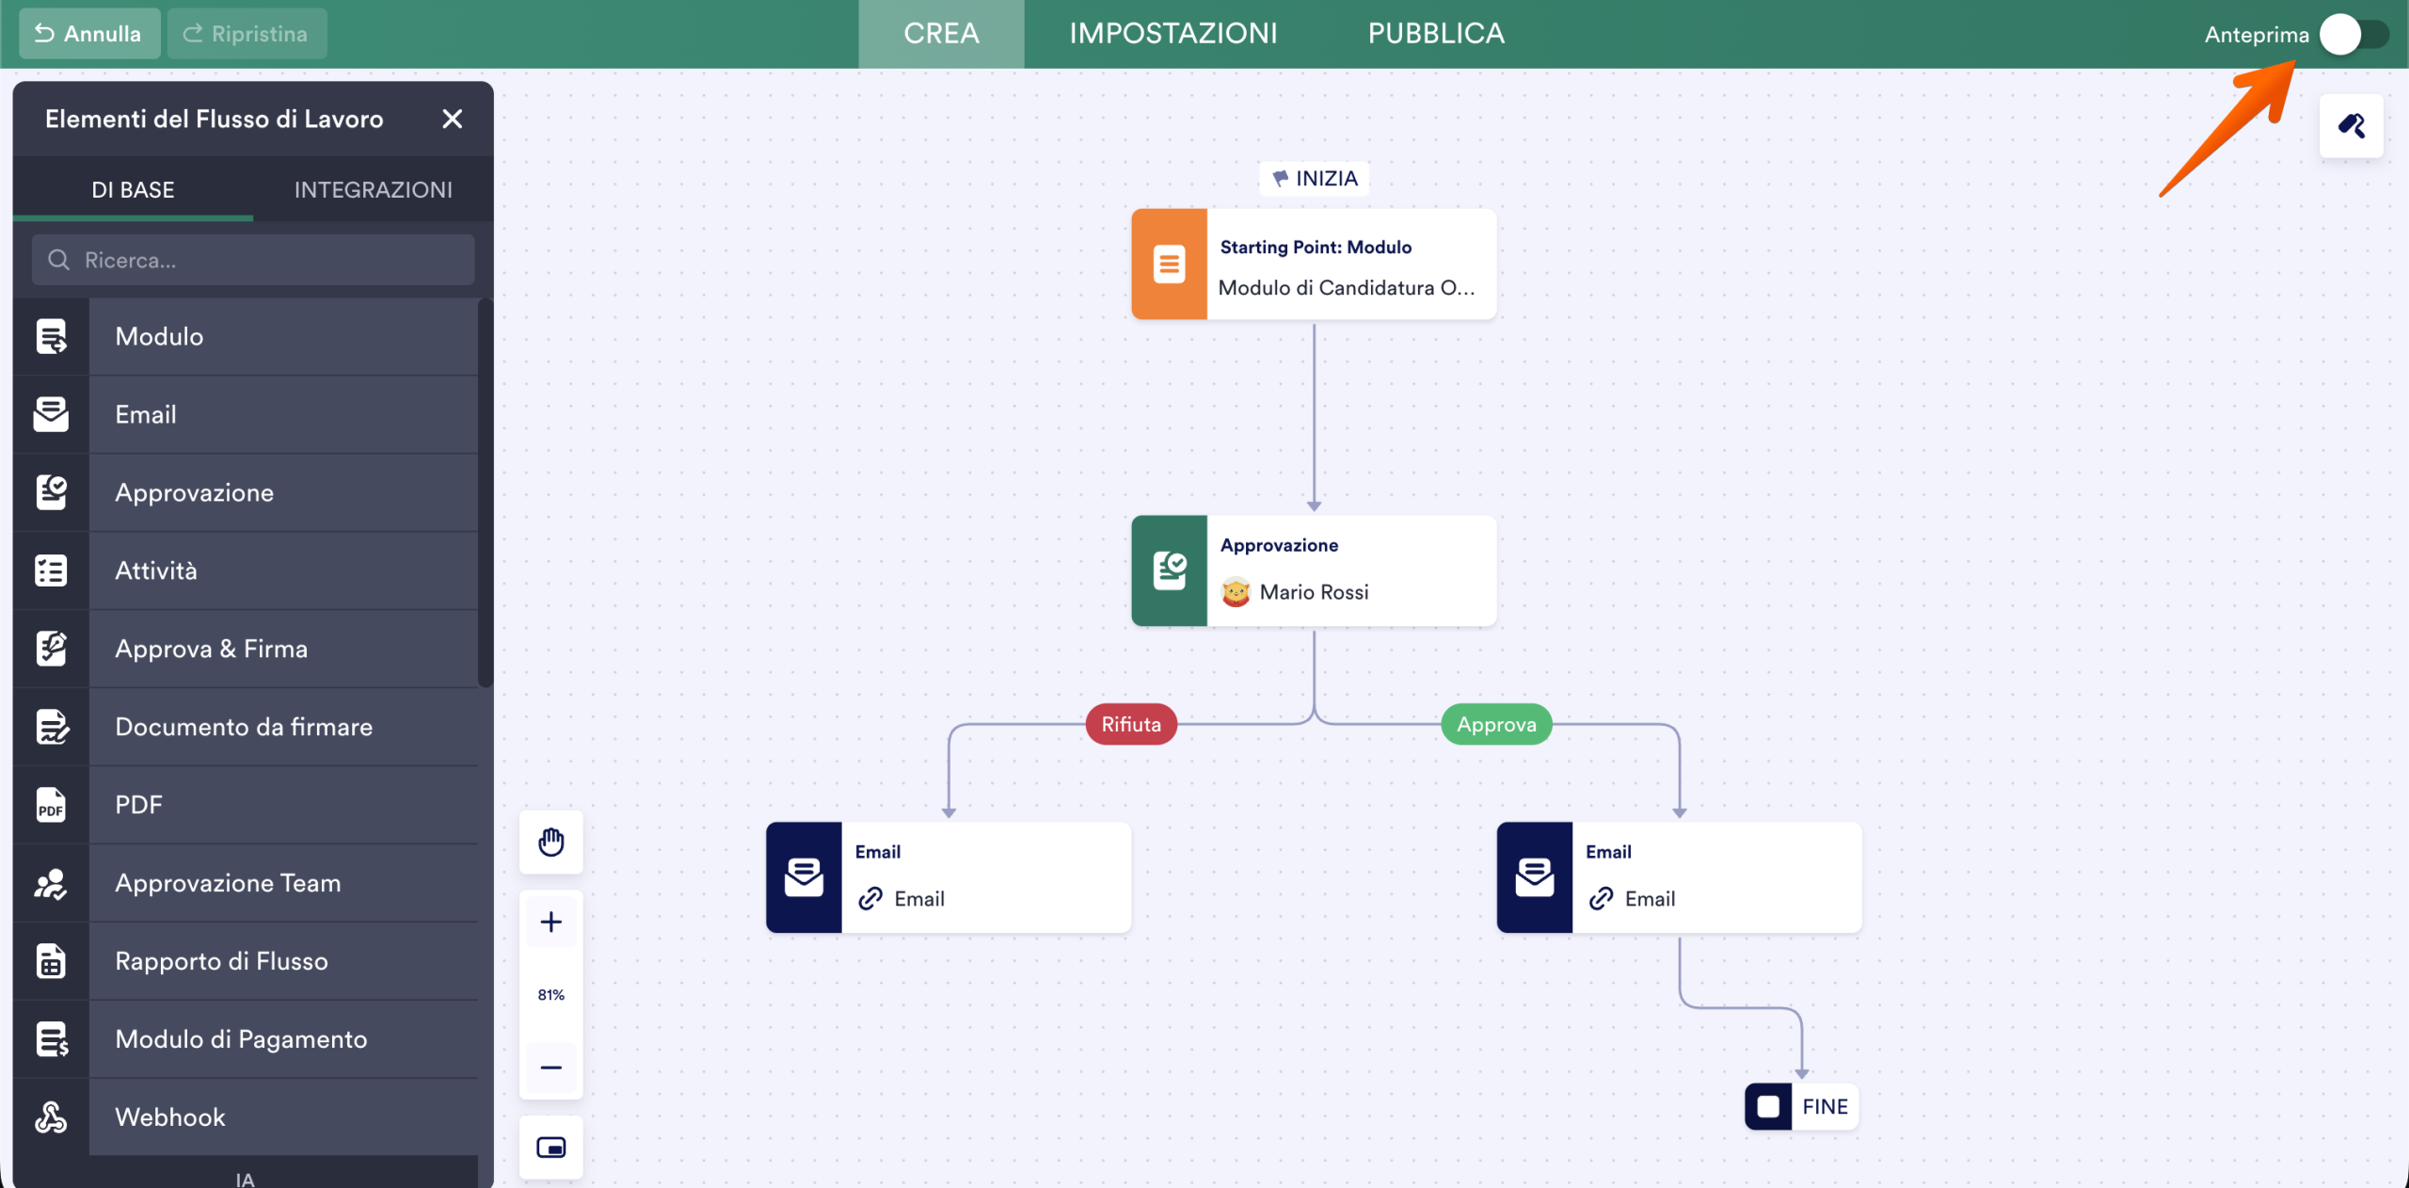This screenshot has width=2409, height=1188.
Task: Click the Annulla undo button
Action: (89, 34)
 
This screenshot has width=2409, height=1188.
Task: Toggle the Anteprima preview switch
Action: (2353, 35)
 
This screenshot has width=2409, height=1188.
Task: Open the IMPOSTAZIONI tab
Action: (1173, 34)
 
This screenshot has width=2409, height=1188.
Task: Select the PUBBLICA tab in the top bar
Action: (1436, 34)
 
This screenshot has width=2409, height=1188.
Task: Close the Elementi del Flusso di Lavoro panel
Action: (453, 119)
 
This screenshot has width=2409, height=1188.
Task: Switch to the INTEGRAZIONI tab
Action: (374, 190)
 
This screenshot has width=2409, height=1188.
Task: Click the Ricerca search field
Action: (253, 260)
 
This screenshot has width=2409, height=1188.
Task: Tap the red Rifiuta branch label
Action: (1131, 724)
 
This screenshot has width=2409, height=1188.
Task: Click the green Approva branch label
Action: (1496, 724)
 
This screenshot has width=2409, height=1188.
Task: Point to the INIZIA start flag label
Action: (1315, 178)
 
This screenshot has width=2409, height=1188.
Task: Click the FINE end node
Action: (1801, 1106)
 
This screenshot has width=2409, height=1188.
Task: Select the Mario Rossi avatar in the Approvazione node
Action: (1236, 592)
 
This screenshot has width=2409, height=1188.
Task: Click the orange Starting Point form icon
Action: (1169, 265)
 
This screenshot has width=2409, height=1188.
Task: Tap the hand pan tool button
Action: (551, 842)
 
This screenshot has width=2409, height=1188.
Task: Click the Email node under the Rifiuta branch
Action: (949, 877)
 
